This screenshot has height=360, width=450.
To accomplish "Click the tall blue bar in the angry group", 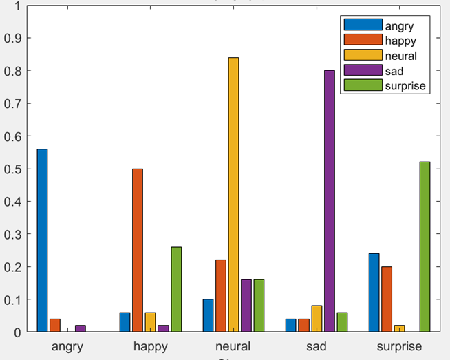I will [x=42, y=240].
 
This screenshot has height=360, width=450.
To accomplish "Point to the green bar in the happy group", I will [x=176, y=289].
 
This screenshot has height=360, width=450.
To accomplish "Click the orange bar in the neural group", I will [x=221, y=296].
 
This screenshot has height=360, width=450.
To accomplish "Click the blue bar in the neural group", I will [x=208, y=315].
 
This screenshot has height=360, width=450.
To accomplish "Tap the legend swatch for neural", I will [x=363, y=56].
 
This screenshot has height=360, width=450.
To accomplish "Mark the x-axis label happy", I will [x=150, y=346].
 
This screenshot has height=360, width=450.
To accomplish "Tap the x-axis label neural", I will [x=233, y=346].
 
